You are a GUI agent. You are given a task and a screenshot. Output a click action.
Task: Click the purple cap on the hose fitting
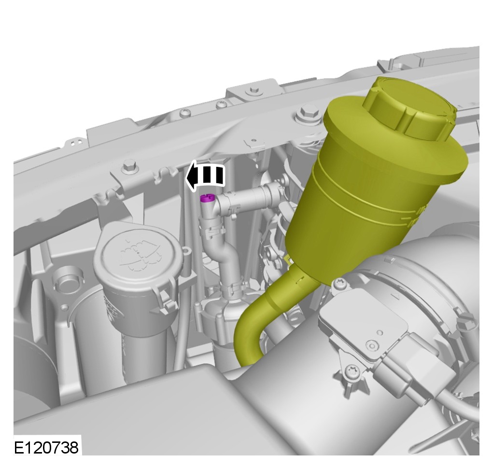pos(207,198)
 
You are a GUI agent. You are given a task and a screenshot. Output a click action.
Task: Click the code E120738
pos(46,447)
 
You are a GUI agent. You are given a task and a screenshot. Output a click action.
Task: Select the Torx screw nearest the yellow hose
pos(341,283)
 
